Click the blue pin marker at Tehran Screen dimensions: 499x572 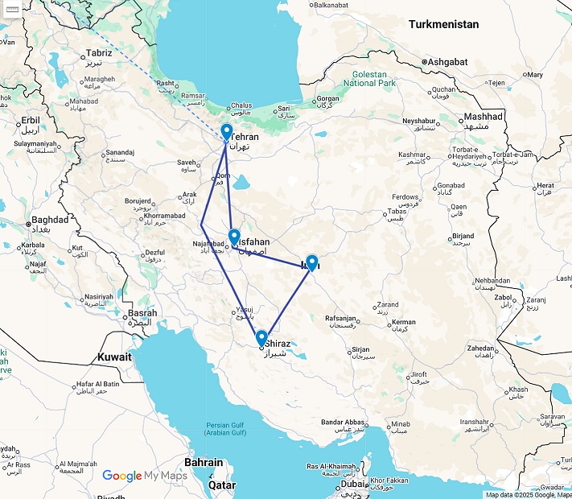tap(226, 133)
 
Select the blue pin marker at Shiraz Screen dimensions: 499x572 tap(261, 338)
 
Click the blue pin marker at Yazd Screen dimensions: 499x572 tap(311, 262)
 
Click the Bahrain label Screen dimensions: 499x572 tap(204, 463)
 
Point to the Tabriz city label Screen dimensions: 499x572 tap(97, 53)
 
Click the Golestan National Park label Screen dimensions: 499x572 tap(369, 78)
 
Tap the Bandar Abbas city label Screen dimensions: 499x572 tap(344, 423)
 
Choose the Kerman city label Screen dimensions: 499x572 tap(403, 323)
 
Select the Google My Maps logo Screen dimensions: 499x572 tap(144, 476)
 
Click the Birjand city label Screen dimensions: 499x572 tap(462, 237)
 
